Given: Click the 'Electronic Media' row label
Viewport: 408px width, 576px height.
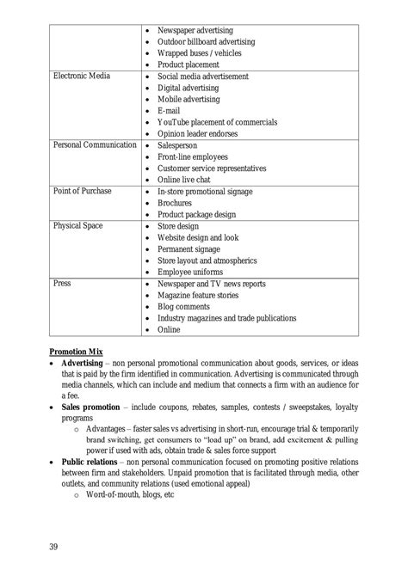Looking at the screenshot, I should [x=81, y=77].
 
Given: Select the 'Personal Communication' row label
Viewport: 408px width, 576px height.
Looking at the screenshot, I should [x=95, y=145].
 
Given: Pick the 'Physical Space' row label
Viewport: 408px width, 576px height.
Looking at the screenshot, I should [x=77, y=225].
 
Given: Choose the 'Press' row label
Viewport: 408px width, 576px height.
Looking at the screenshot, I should [x=62, y=283].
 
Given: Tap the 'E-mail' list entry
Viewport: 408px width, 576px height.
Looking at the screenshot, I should [x=170, y=111].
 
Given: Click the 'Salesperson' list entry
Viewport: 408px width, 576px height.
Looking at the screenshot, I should [x=182, y=145].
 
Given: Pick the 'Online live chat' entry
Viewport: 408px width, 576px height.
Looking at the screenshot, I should [x=188, y=180].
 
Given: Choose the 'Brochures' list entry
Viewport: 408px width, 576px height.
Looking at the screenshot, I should [x=179, y=203].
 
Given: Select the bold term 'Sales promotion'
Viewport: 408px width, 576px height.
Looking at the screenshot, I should [x=95, y=404].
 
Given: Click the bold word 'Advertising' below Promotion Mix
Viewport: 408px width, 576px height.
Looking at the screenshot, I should [x=86, y=364].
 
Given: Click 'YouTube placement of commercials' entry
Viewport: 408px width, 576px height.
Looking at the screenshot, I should [x=217, y=122].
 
